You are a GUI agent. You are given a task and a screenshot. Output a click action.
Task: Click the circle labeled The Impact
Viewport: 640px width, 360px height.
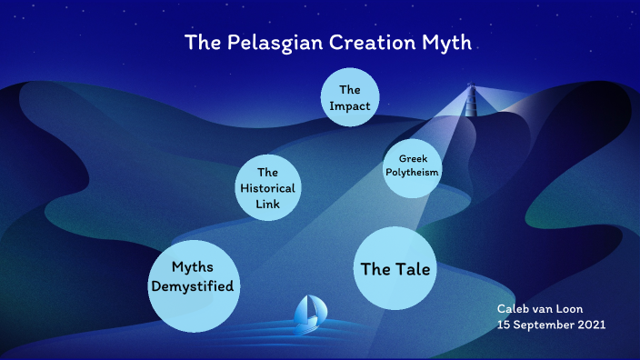(x=350, y=96)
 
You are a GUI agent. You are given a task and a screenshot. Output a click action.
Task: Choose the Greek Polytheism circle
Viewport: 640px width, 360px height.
(x=412, y=165)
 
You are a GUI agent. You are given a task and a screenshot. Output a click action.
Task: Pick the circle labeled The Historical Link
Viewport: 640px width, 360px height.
(x=266, y=187)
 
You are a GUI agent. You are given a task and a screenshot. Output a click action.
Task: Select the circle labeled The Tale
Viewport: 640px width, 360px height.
(x=395, y=269)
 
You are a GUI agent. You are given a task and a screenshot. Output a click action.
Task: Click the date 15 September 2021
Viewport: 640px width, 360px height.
(x=551, y=325)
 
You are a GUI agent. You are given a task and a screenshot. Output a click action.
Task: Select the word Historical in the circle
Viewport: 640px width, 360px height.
(x=266, y=188)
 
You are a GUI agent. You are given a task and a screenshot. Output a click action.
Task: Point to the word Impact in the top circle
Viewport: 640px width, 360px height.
(x=350, y=105)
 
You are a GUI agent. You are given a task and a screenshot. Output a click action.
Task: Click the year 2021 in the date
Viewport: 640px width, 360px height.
(x=589, y=325)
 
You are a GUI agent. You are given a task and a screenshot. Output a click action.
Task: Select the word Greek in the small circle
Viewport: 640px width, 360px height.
(x=413, y=159)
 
